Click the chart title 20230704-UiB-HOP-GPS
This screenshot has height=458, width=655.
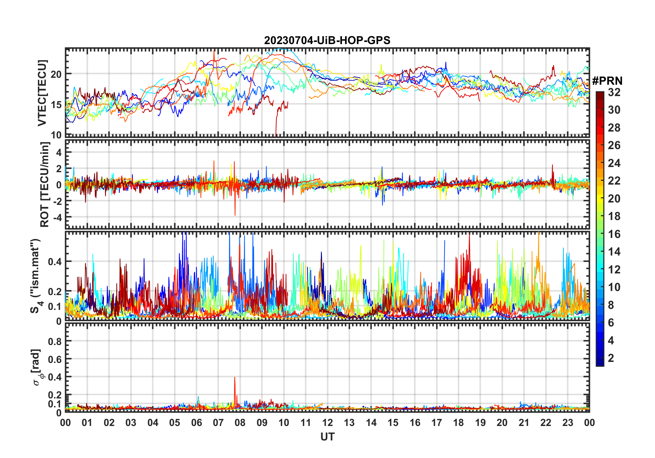327,40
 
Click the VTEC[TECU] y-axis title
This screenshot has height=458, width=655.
42,93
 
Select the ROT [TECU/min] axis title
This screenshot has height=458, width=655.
44,185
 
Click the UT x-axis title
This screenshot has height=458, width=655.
327,437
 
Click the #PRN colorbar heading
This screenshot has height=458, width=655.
607,81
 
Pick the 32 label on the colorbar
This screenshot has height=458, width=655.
614,92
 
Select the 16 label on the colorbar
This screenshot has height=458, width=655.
614,234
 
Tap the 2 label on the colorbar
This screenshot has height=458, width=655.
611,358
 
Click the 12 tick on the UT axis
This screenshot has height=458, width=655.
327,423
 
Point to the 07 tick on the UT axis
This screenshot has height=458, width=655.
218,423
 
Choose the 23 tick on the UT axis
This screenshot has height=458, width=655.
568,423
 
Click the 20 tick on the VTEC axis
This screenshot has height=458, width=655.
56,74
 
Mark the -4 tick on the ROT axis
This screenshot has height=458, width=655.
58,217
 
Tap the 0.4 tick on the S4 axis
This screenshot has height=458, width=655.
54,262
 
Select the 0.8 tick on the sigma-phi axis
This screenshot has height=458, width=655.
54,341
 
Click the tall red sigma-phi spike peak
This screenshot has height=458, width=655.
235,377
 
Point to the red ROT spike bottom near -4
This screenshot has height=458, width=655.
235,215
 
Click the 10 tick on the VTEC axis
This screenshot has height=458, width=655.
56,135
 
